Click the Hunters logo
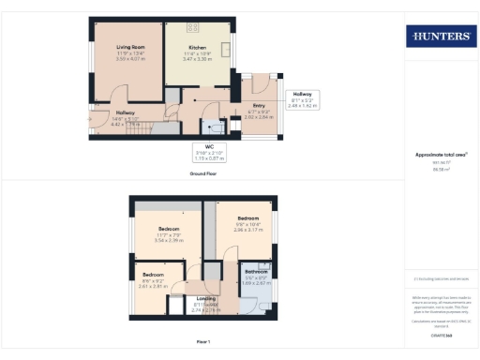439,37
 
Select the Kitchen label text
197,47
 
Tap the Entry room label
259,109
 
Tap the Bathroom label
257,272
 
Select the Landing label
206,299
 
